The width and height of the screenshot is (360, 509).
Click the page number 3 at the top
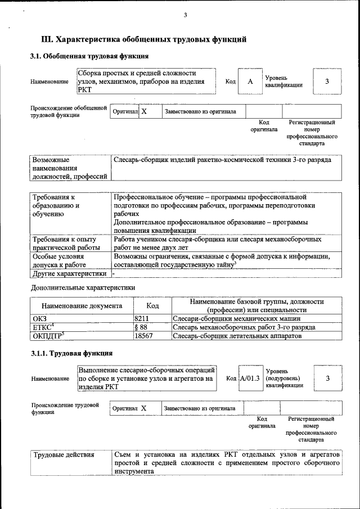(184, 15)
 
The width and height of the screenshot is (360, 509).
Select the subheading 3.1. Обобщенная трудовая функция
(89, 56)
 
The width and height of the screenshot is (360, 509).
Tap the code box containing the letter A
(250, 82)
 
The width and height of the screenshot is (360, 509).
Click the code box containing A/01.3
(249, 378)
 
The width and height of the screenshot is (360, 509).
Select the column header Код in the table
(152, 306)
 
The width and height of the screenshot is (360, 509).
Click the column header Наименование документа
(82, 306)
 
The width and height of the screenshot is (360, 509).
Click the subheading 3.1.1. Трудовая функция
(71, 353)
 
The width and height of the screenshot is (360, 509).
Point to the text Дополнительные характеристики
(83, 287)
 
